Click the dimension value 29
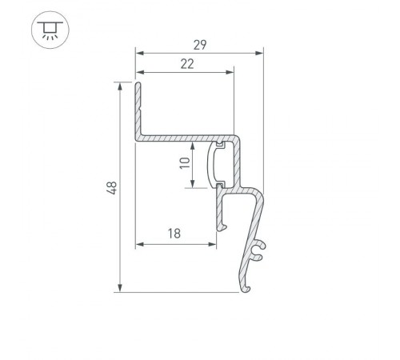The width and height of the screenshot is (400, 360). [x=198, y=45]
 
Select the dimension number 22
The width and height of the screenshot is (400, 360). [x=186, y=65]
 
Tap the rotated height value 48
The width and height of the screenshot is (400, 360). [x=112, y=188]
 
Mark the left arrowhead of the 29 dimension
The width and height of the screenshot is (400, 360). [x=137, y=54]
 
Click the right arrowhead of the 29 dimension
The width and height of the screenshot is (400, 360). [x=259, y=54]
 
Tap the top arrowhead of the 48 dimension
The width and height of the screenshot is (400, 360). [x=120, y=85]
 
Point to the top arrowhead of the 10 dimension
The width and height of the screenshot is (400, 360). [x=193, y=146]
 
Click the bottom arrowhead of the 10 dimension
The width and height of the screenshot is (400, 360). [x=193, y=185]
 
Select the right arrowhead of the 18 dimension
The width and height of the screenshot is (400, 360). [x=214, y=243]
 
